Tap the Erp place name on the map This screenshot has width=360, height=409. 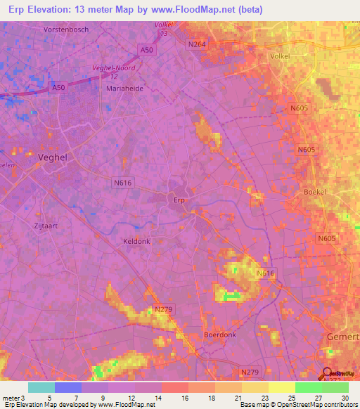(x=179, y=200)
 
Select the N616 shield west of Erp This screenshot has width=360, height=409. (x=123, y=182)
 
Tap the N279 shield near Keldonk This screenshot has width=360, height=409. (x=163, y=309)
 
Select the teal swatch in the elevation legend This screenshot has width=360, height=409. (x=41, y=387)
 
